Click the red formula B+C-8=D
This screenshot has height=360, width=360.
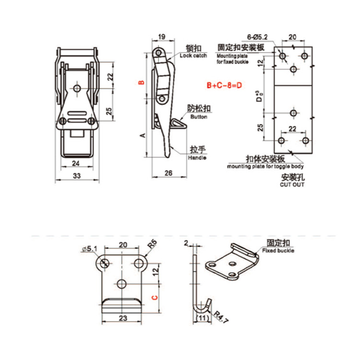coord(224,85)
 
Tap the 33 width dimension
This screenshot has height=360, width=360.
coord(77,176)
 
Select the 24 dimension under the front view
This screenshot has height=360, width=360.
coord(76,163)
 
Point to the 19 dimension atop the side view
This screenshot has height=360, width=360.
coord(162,37)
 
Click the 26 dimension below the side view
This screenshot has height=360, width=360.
coord(168,173)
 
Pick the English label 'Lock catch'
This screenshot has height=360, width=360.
coord(193,56)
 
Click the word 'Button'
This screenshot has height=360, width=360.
coord(199,117)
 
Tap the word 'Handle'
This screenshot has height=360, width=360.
coord(197,158)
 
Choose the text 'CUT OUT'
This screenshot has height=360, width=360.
coord(292,185)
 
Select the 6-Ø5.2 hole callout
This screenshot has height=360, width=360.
coord(257,37)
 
